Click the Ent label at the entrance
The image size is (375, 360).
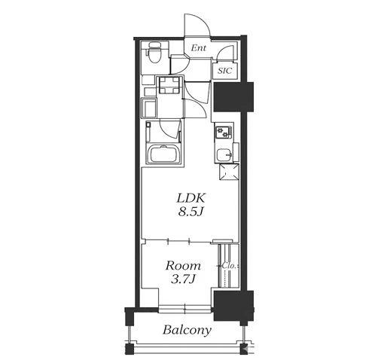[x=198, y=47]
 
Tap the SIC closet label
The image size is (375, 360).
[x=224, y=71]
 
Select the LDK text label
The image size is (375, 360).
[x=191, y=198]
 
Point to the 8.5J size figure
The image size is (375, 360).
[x=191, y=212]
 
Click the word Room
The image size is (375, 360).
[x=183, y=266]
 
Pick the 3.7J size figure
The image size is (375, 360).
[x=183, y=279]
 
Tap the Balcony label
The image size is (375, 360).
[x=187, y=330]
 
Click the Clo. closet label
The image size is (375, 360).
[x=228, y=266]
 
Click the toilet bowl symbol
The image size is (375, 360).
[x=154, y=53]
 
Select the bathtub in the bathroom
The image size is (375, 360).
[x=165, y=154]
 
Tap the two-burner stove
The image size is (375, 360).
[x=223, y=132]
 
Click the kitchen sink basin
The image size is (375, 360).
[x=224, y=155]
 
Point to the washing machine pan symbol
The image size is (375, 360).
[x=149, y=108]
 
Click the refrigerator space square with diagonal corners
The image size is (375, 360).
[x=229, y=172]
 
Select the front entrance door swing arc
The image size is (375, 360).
[x=197, y=25]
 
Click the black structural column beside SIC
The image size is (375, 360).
[x=233, y=96]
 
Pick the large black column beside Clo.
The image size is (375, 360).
[x=233, y=306]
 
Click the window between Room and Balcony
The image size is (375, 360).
[x=184, y=309]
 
